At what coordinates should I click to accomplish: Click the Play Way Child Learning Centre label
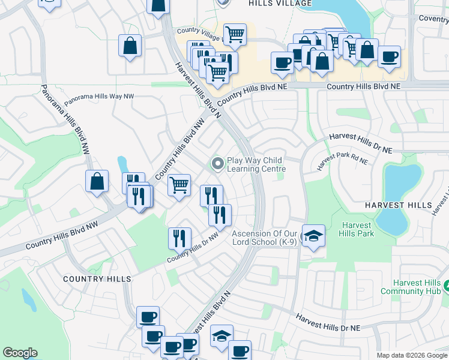click(x=255, y=164)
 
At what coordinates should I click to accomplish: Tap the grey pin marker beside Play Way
click(x=217, y=163)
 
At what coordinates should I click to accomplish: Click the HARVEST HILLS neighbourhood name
click(x=398, y=205)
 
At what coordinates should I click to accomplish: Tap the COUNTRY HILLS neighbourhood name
click(x=97, y=279)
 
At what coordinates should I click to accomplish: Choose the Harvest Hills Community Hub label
click(x=417, y=287)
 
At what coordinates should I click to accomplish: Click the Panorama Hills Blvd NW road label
click(x=65, y=121)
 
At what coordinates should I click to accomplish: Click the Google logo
click(x=20, y=353)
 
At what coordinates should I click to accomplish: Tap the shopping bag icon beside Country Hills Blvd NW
click(x=97, y=181)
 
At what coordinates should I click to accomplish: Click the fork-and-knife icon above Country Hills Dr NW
click(x=179, y=238)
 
